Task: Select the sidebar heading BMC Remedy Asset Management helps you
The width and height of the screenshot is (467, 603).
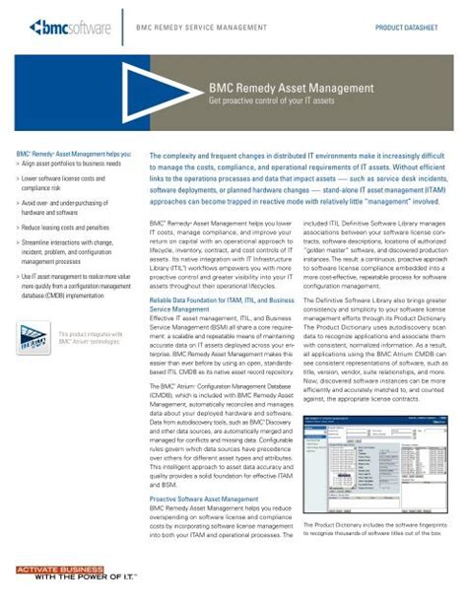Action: click(60, 155)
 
